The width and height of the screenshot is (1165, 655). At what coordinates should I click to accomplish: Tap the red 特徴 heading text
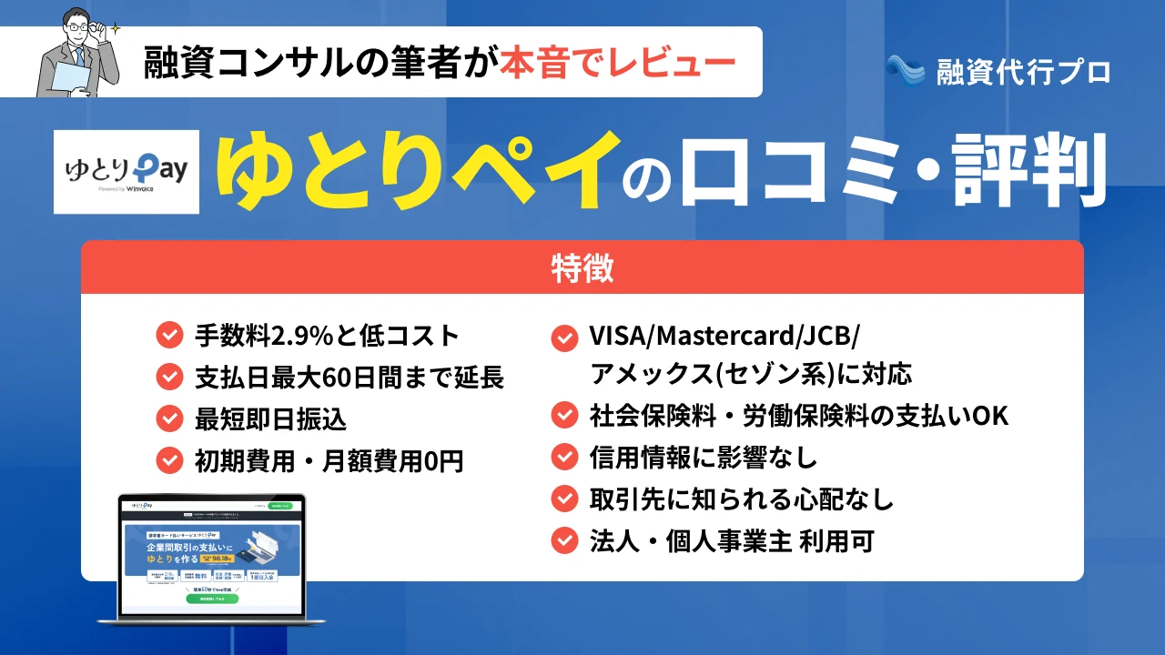click(x=582, y=268)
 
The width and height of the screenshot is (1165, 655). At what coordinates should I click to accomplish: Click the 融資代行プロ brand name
click(x=1023, y=71)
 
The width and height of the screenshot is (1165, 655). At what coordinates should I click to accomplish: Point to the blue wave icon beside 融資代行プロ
click(x=905, y=70)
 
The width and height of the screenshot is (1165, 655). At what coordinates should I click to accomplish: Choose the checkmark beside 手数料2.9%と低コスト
click(x=169, y=336)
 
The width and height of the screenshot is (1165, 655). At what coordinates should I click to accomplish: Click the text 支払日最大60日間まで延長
click(x=349, y=377)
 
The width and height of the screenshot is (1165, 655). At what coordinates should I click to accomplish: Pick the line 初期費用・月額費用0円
click(x=329, y=461)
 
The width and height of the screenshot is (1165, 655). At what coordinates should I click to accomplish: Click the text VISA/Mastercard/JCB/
click(x=724, y=337)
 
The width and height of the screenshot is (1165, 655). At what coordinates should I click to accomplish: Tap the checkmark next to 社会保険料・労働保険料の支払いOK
click(x=564, y=416)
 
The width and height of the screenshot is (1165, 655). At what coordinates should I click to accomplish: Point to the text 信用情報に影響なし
click(x=704, y=458)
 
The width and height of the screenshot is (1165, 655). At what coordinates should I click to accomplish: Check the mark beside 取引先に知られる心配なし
click(x=564, y=499)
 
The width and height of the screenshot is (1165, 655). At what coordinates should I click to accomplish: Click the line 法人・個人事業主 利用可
click(x=732, y=541)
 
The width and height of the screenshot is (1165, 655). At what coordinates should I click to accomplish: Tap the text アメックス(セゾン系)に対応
click(x=751, y=374)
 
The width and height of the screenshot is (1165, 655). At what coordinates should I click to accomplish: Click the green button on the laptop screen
click(x=211, y=599)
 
